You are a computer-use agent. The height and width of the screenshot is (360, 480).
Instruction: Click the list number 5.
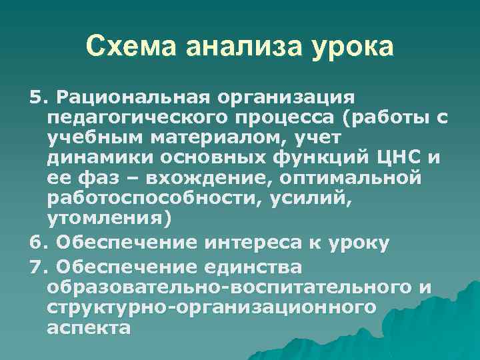39,99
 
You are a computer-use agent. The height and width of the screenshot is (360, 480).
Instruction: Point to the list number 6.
39,243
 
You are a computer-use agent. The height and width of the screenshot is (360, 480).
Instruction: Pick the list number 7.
39,267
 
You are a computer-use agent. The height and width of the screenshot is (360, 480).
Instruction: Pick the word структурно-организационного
211,307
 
